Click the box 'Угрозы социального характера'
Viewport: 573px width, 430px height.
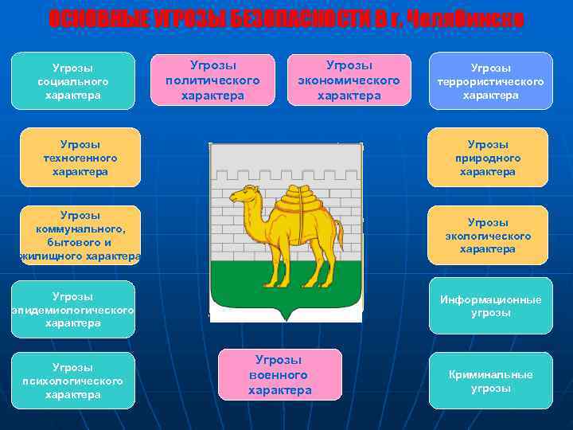(x=73, y=81)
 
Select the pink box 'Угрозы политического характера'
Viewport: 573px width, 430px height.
(x=213, y=80)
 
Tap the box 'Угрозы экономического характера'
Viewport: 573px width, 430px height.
(x=349, y=80)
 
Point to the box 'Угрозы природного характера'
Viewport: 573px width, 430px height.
(x=488, y=158)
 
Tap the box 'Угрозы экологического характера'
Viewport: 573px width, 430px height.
(x=488, y=236)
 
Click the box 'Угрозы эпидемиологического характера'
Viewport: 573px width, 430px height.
(x=73, y=310)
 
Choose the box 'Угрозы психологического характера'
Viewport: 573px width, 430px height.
(x=73, y=381)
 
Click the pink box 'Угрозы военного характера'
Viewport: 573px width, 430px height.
(x=279, y=374)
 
